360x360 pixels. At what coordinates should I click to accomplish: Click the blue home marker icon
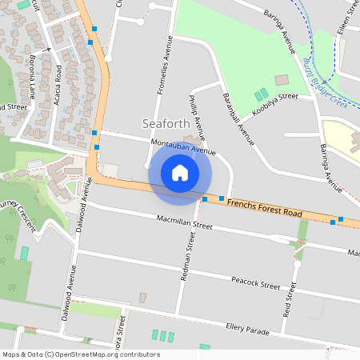(x=180, y=173)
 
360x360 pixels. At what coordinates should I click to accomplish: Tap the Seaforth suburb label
(x=166, y=124)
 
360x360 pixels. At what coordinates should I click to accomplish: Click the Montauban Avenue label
(x=184, y=146)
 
